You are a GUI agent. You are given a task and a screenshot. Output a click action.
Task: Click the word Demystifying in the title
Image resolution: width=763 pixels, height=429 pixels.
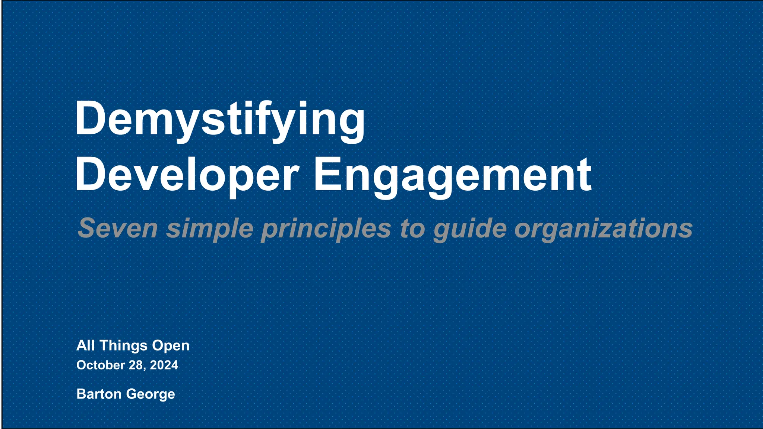tap(220, 119)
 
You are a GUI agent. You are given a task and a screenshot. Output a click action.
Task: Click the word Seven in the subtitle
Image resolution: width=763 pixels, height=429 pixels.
tap(118, 228)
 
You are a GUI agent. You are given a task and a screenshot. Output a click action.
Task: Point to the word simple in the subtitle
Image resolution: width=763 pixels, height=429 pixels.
tap(210, 228)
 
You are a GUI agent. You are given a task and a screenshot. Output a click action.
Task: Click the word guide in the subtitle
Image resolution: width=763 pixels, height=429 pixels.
tap(470, 228)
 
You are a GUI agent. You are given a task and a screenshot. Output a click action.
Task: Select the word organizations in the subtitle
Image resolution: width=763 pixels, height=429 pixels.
tap(603, 228)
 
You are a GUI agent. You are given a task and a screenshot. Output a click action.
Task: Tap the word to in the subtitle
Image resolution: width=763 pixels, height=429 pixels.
tap(412, 228)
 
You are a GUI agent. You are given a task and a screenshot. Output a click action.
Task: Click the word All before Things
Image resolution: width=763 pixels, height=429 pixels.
tap(85, 346)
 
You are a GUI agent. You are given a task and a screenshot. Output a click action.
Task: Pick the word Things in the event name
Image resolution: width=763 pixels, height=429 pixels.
tap(123, 346)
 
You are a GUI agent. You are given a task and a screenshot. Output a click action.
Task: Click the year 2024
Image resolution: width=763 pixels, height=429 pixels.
tap(164, 365)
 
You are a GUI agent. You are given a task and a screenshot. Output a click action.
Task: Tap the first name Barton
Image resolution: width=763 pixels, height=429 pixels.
tap(98, 394)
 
